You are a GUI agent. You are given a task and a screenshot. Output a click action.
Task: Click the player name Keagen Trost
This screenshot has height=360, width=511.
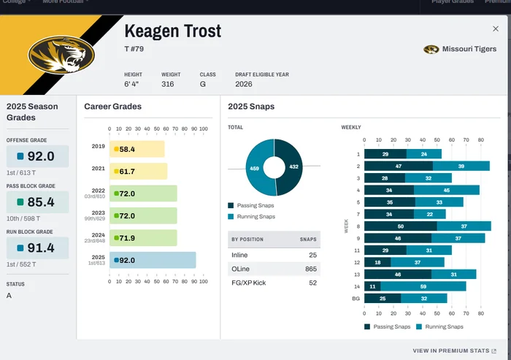click(x=173, y=31)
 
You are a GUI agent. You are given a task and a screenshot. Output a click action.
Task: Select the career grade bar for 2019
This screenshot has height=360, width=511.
click(x=137, y=149)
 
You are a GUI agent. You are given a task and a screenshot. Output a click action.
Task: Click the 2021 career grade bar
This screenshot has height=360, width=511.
click(x=138, y=172)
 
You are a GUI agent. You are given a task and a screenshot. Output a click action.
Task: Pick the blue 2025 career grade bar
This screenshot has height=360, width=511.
click(x=153, y=260)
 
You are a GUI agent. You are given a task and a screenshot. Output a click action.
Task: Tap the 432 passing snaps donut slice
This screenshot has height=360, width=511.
click(x=291, y=167)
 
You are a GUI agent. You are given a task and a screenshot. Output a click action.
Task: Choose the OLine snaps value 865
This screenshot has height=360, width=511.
click(x=311, y=269)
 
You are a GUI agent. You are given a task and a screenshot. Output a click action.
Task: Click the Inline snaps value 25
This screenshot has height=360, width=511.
click(x=313, y=255)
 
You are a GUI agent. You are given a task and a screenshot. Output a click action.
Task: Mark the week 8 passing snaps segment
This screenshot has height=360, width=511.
click(x=401, y=226)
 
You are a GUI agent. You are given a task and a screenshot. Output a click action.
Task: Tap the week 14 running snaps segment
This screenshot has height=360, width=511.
click(x=423, y=286)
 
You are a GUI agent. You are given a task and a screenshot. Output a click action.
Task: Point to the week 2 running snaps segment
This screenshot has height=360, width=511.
click(x=461, y=166)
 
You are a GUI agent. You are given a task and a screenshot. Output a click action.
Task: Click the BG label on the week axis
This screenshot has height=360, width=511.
click(x=356, y=298)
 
